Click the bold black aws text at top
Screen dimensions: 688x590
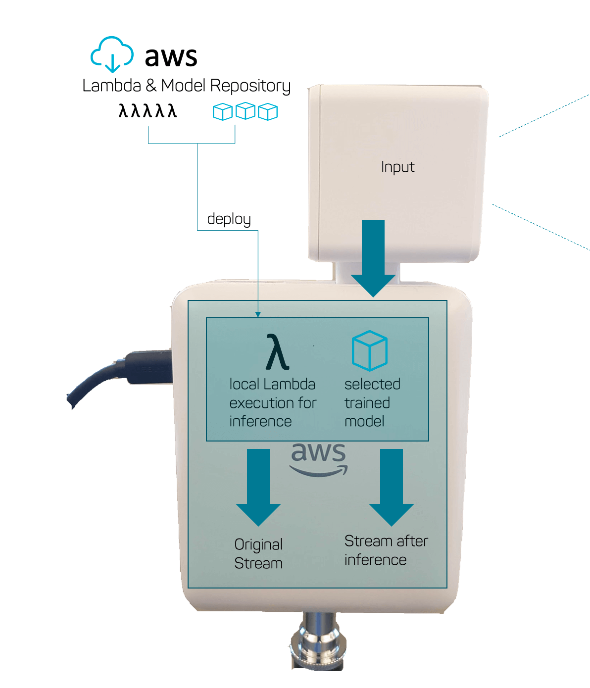[171, 57]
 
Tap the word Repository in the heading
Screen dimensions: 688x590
[250, 86]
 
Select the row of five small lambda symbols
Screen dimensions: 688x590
[147, 110]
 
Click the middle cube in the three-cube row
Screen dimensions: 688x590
[246, 111]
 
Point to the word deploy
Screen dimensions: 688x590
[229, 219]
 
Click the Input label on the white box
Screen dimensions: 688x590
[397, 167]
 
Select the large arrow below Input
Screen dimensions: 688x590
[373, 257]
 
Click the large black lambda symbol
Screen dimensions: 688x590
[277, 352]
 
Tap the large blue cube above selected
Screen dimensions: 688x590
[369, 351]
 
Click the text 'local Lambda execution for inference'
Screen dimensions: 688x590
[272, 403]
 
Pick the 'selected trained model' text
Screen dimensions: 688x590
[372, 403]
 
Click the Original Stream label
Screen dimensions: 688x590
[258, 554]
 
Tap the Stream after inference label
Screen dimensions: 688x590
[386, 550]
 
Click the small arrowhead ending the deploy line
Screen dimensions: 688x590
[258, 314]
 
